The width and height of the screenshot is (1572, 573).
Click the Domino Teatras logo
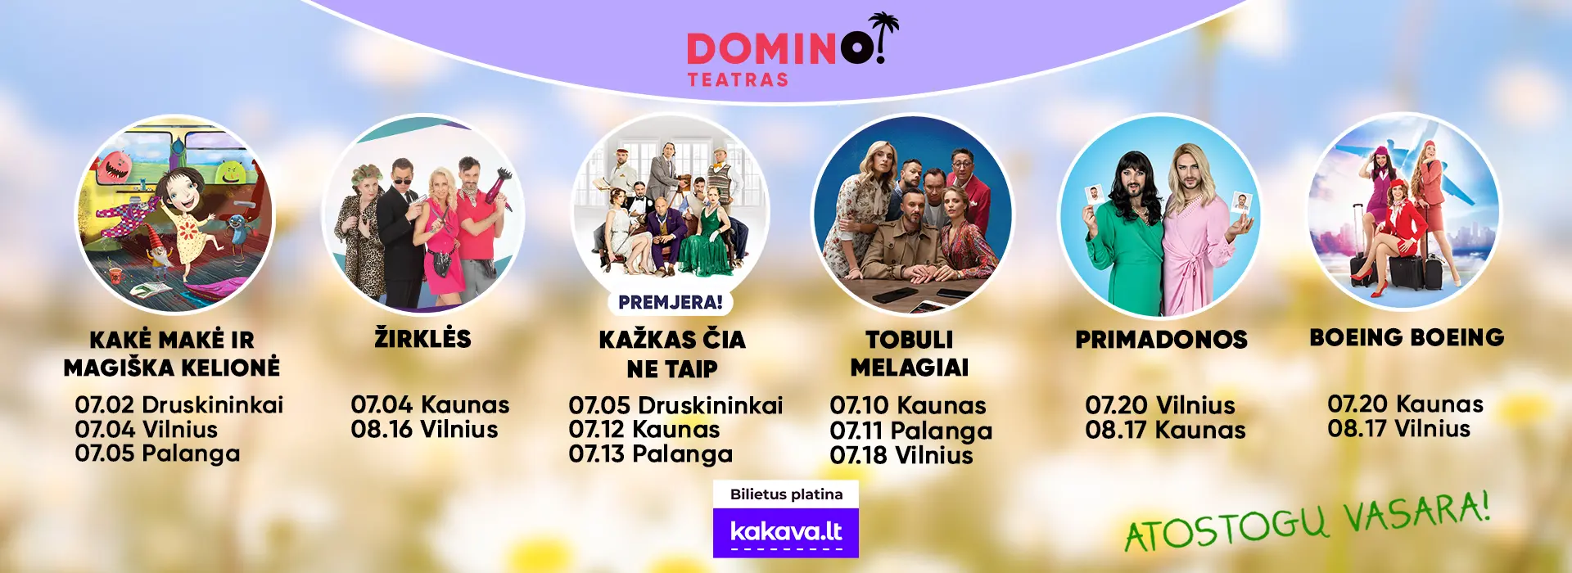(793, 50)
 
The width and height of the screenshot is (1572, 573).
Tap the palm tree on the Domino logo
(883, 31)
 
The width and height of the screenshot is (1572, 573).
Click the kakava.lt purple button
(786, 533)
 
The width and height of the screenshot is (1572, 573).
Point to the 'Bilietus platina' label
(786, 494)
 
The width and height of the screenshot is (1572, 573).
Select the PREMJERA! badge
(671, 302)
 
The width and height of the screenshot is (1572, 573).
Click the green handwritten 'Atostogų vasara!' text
(1307, 522)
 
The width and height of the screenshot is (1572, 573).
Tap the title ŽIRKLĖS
(422, 338)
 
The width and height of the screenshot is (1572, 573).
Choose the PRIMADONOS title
(1161, 340)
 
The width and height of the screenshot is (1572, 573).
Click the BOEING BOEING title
(1407, 337)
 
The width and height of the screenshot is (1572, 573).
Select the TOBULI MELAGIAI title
(910, 354)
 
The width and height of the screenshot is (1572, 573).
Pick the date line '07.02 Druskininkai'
(179, 404)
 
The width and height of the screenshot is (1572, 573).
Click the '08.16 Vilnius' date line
(424, 429)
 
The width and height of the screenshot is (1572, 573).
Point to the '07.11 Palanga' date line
(911, 431)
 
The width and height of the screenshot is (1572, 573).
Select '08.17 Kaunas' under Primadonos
(1165, 430)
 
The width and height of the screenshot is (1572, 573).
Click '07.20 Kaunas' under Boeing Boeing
(1405, 404)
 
